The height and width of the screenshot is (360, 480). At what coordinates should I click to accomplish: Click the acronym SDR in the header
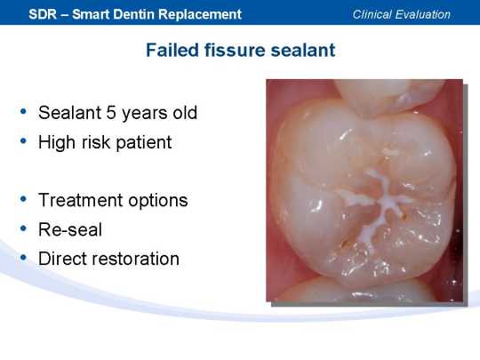point(43,14)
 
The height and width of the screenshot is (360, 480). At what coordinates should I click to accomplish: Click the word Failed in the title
point(172,50)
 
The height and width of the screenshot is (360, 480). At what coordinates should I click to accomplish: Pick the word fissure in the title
point(235,50)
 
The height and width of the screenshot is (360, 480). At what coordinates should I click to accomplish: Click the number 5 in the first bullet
point(110,113)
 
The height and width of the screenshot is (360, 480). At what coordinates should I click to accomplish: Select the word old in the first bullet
point(185,112)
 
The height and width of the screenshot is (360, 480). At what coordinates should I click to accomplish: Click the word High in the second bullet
point(57,142)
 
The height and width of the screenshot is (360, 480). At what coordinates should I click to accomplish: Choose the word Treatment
point(81,200)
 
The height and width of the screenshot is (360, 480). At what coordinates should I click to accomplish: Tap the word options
point(158,201)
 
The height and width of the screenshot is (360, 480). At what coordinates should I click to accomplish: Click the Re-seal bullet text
point(70,229)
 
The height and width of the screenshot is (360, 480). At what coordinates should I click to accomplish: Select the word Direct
point(66,259)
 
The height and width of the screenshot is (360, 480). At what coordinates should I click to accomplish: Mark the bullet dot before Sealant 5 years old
point(23,112)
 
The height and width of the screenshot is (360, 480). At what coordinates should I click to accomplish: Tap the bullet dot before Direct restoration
point(23,258)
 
